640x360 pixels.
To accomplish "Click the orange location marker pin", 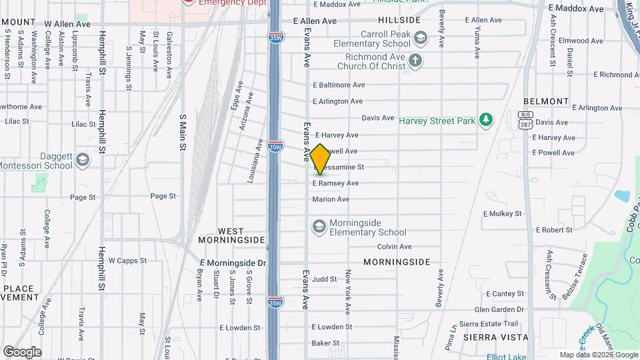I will (321, 159).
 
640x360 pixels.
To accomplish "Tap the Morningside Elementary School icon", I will (319, 227).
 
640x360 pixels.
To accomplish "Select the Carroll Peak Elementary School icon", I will (420, 38).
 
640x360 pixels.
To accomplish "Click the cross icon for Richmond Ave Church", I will (415, 61).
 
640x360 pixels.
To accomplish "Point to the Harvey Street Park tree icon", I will (487, 120).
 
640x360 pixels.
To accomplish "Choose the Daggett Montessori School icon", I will (82, 160).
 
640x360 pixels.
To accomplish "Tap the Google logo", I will (22, 352).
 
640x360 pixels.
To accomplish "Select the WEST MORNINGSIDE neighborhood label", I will (231, 235).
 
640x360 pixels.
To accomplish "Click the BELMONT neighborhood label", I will (545, 101).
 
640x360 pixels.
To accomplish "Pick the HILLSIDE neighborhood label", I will (399, 20).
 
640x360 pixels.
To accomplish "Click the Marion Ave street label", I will (331, 199).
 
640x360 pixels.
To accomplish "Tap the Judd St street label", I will (324, 279).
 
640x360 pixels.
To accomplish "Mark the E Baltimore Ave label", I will (339, 85).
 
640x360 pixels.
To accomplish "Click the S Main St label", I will (182, 131).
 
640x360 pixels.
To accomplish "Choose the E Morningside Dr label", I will (232, 263).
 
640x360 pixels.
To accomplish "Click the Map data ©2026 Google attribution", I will (598, 355).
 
